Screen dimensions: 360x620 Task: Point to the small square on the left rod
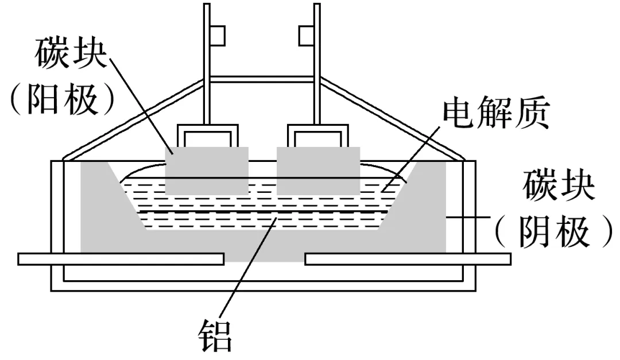[x=218, y=36]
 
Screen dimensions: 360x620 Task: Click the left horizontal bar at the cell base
[x=121, y=259]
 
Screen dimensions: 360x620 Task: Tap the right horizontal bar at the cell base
[x=408, y=259]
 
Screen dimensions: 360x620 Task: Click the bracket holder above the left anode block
[x=206, y=136]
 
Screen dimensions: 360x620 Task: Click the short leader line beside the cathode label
[x=468, y=217]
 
